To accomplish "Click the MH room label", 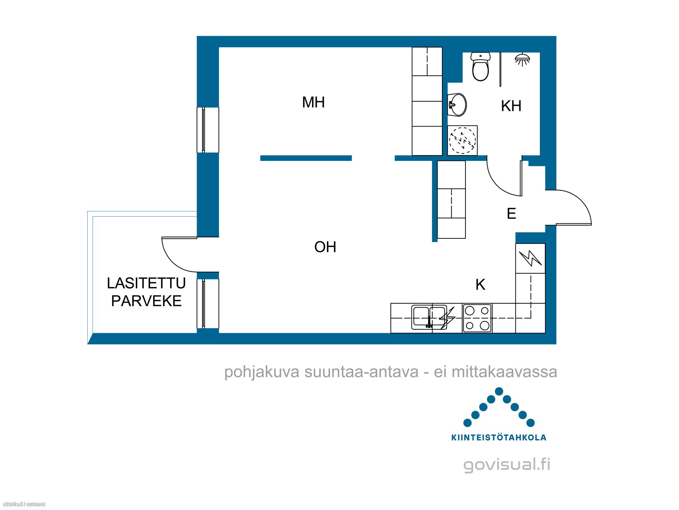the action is point(313,102).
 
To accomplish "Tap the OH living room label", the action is point(325,247).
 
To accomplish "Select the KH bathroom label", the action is point(511,106).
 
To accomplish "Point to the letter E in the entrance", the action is point(511,214).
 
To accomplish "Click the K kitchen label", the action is point(480,285).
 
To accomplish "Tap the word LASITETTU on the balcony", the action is point(146,283).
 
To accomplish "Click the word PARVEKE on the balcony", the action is point(146,301).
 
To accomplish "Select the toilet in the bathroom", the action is point(480,66).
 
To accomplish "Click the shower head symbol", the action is point(522,59).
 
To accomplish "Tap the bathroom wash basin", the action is point(457,105).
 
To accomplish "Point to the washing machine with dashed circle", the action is point(462,140).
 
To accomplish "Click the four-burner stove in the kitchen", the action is point(477,318).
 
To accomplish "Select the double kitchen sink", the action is point(429,318).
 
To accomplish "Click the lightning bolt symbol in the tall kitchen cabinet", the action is point(530,258).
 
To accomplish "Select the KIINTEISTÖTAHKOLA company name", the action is point(499,438).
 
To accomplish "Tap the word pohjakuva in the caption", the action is point(262,372).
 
